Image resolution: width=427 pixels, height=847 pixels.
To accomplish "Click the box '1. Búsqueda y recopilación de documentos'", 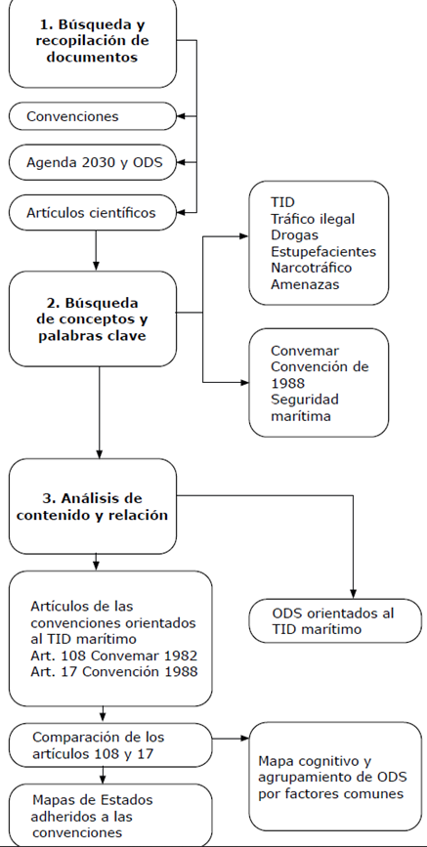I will pyautogui.click(x=95, y=44).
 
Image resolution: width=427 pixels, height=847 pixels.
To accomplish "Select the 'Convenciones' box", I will pyautogui.click(x=95, y=116).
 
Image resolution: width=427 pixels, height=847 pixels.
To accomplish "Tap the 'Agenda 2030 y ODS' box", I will pyautogui.click(x=95, y=162).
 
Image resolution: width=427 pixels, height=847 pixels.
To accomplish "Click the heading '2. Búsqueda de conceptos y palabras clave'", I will pyautogui.click(x=95, y=318).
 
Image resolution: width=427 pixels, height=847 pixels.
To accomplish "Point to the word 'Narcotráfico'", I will pyautogui.click(x=314, y=267).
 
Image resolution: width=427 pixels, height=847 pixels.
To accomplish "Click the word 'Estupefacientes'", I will pyautogui.click(x=322, y=251).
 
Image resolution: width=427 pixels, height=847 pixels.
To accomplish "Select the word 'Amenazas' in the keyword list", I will pyautogui.click(x=305, y=283).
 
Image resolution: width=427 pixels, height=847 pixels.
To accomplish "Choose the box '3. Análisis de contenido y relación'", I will pyautogui.click(x=95, y=506).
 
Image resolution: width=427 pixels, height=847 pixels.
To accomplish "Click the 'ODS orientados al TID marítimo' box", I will pyautogui.click(x=333, y=621).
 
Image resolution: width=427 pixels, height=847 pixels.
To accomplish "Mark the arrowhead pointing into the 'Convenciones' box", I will pyautogui.click(x=183, y=116).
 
